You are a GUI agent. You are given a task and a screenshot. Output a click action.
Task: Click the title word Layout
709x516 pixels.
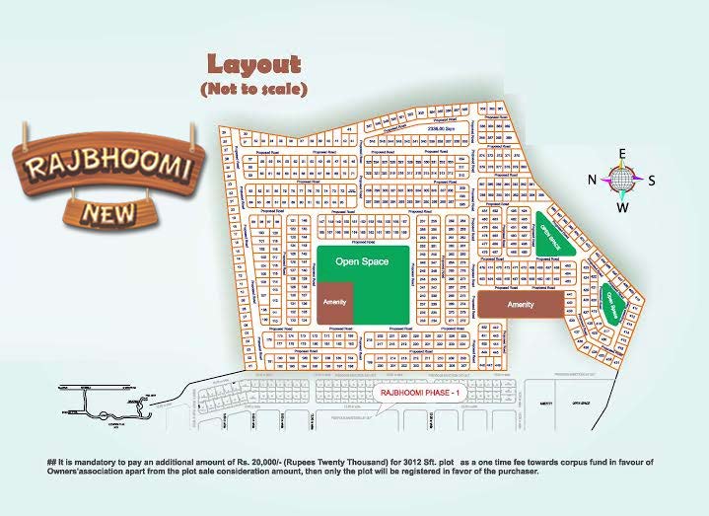click(x=252, y=65)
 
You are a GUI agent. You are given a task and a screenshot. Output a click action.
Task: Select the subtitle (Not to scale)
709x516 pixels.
click(x=253, y=89)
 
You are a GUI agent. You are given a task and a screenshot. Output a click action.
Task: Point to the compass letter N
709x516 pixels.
click(x=593, y=180)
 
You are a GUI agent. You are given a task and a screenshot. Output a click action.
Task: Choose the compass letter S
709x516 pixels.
click(x=651, y=180)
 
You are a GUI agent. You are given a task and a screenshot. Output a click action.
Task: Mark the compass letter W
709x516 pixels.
click(x=622, y=207)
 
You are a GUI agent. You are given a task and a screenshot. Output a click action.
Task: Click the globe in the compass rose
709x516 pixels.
click(x=621, y=180)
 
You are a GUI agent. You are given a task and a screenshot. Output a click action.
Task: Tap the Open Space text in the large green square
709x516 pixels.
click(x=361, y=261)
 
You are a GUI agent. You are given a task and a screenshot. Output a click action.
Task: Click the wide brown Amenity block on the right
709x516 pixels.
click(x=520, y=305)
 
